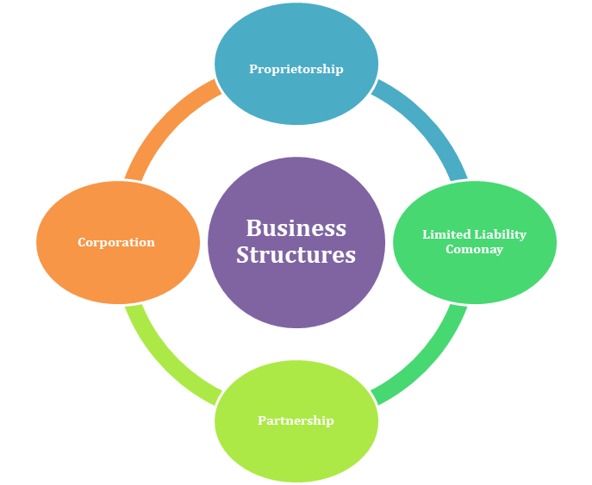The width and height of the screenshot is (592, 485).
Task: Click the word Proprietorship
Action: point(296,69)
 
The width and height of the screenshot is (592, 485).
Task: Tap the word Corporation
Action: point(116,242)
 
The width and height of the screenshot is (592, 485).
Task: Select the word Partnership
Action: point(296,420)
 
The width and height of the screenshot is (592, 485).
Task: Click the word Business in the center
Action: point(296,228)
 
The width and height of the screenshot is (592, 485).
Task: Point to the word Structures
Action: point(296,255)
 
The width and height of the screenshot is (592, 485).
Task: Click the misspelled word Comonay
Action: point(474,249)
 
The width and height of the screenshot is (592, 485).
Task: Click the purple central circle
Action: point(296,293)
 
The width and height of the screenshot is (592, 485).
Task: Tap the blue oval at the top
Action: point(296,34)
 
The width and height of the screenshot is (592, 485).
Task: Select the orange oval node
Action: point(116,276)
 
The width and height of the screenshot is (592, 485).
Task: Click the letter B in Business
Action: point(252,228)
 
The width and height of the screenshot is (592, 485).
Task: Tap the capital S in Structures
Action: point(243,255)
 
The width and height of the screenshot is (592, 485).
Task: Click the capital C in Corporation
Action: point(82,242)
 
